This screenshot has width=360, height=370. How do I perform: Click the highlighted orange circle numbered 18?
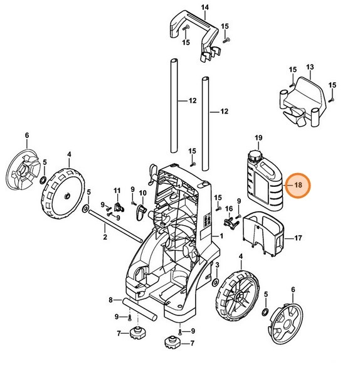click(298, 186)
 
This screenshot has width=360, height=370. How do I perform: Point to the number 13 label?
click(309, 67)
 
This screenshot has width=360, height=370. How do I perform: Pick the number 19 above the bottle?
click(258, 137)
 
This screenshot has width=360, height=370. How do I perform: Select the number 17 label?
click(299, 238)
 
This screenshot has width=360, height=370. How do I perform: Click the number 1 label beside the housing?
click(220, 236)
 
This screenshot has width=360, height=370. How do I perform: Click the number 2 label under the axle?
click(105, 238)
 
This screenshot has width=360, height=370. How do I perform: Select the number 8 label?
click(110, 300)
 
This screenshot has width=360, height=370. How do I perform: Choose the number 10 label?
click(142, 193)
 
